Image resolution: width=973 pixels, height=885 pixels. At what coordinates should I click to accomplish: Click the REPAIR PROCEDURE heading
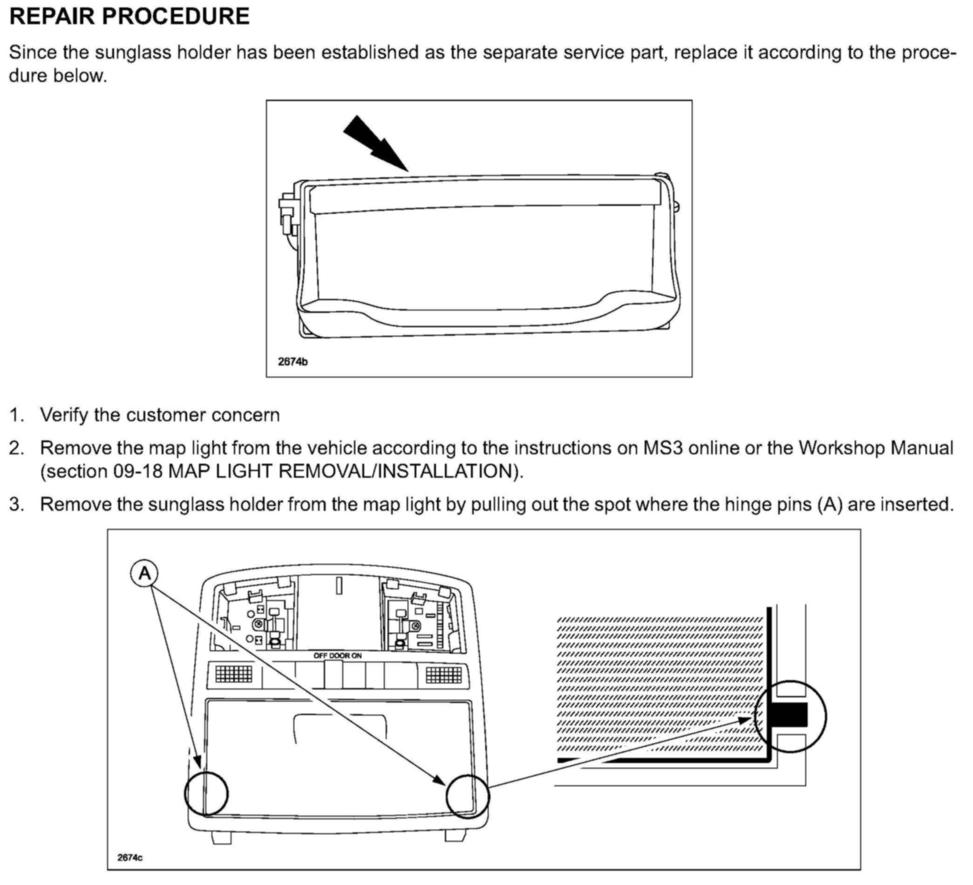129,16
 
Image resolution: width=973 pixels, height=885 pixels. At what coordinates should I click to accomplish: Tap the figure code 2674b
293,361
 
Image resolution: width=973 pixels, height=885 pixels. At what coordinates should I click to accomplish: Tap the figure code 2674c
130,857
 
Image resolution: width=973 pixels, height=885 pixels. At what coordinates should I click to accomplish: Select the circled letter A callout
144,574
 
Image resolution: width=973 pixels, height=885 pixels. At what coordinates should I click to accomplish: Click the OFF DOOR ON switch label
337,655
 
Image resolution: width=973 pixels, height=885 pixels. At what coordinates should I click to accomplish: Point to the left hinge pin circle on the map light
206,793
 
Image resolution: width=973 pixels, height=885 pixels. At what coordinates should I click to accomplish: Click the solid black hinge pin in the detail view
789,715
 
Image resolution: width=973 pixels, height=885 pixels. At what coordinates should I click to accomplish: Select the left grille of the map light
234,674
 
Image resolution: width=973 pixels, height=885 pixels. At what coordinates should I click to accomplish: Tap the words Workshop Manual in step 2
875,448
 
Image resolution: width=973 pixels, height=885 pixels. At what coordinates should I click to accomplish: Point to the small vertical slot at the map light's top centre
339,586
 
